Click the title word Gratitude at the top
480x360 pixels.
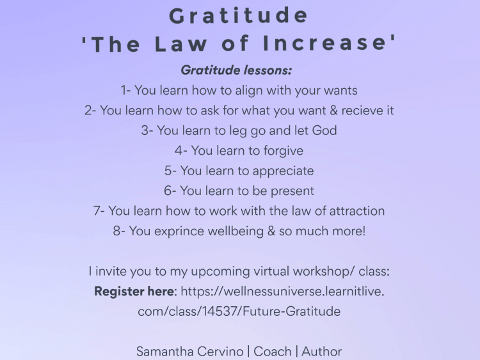239,15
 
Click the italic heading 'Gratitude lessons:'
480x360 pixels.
236,70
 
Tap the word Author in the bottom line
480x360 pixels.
322,352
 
